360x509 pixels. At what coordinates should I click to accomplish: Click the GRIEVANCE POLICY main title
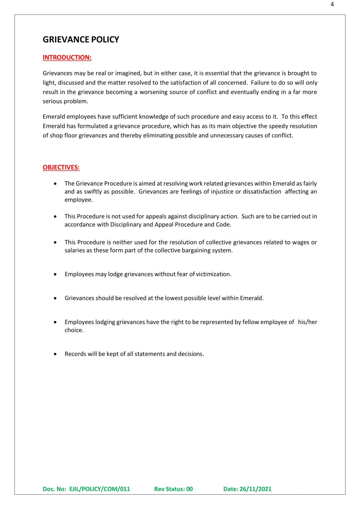pos(81,39)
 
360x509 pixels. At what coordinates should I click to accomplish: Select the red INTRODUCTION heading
pos(67,57)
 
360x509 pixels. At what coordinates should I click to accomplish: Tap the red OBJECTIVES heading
pos(61,167)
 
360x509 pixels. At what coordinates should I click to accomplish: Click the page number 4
pos(332,4)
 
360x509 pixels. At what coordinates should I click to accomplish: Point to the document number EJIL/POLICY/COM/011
pos(99,489)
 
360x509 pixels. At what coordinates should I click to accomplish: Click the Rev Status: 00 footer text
pos(173,489)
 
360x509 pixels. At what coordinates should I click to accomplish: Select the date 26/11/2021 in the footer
pos(255,489)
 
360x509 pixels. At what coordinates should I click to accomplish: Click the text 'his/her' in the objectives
pos(307,322)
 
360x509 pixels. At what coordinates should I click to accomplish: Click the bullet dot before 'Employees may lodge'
pos(55,274)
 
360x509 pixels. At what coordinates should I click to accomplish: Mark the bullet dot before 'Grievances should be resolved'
pos(55,298)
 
